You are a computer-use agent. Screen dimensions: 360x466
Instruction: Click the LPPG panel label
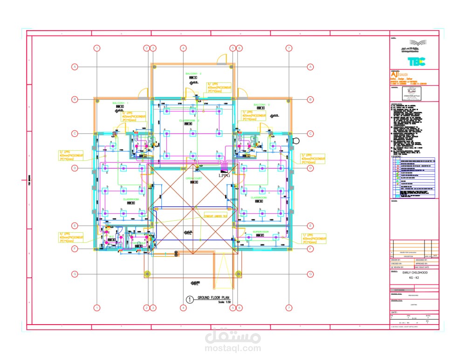point(225,177)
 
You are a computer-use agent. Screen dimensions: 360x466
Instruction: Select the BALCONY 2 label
point(193,74)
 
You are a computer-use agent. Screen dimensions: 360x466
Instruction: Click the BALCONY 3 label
point(261,104)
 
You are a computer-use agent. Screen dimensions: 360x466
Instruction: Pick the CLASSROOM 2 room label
point(189,121)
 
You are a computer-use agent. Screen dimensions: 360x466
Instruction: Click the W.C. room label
point(137,243)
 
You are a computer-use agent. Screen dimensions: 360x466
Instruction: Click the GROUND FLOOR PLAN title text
point(214,298)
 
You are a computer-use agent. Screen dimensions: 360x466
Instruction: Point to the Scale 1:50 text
point(224,303)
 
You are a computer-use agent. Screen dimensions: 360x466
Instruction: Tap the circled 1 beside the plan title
point(190,299)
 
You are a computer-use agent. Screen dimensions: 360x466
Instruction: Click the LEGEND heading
point(397,156)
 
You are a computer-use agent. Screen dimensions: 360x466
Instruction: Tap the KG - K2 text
point(414,278)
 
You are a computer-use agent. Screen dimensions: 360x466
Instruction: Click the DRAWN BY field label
point(397,259)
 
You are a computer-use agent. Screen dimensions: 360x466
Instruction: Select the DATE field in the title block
point(394,312)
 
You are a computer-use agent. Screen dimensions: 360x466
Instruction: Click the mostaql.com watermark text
point(232,347)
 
